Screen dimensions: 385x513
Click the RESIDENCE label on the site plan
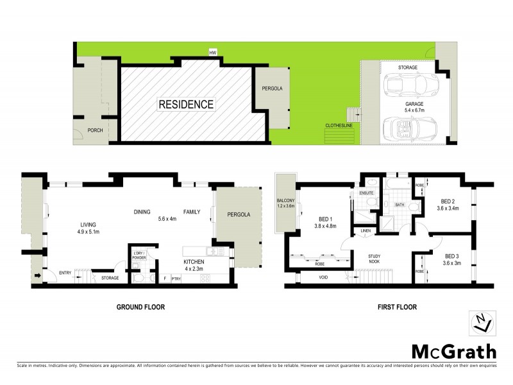(x=187, y=103)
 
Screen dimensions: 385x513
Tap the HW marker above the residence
(x=212, y=53)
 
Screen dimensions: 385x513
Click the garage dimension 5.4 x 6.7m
(x=415, y=110)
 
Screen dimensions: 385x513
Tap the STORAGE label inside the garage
(x=408, y=67)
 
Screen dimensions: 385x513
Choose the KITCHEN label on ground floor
(x=194, y=262)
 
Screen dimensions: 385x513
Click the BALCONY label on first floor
(x=286, y=203)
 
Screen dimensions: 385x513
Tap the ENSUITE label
(x=366, y=193)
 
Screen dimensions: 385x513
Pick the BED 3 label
(x=451, y=255)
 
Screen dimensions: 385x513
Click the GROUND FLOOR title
(x=140, y=307)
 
